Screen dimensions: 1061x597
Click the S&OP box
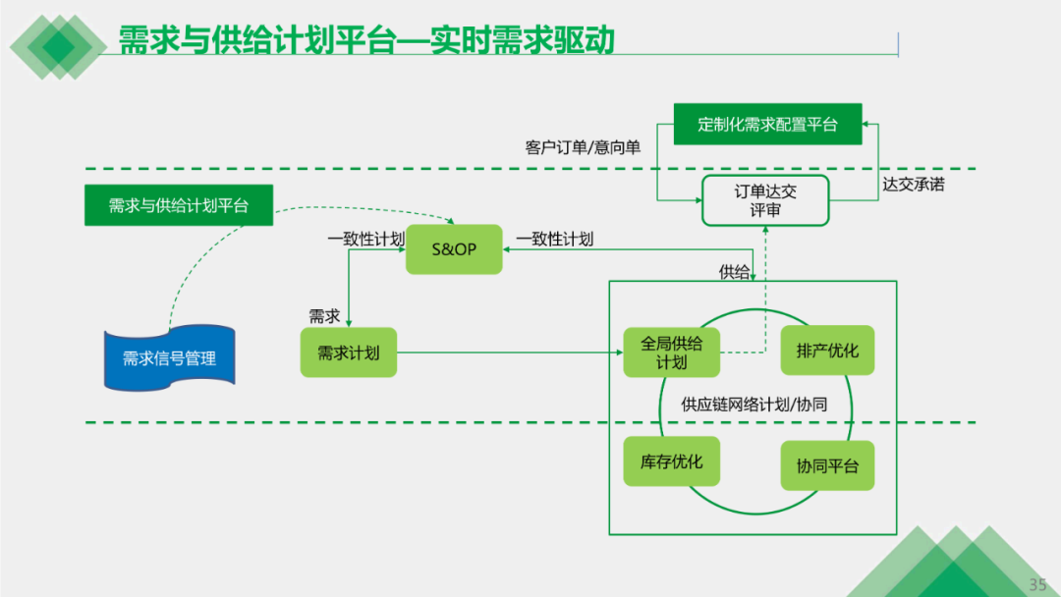[454, 249]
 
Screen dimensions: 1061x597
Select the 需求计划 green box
[349, 353]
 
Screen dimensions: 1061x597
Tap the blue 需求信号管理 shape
[169, 357]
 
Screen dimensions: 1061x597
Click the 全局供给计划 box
[671, 353]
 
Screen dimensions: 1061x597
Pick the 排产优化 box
[827, 351]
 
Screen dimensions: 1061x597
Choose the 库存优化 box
[671, 461]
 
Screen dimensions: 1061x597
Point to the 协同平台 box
[827, 465]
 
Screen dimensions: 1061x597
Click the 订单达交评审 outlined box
[765, 200]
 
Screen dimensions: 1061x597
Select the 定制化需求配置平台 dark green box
[768, 124]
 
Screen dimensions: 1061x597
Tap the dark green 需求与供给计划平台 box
[179, 205]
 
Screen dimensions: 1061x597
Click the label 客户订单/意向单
[583, 147]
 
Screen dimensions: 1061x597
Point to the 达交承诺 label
[914, 184]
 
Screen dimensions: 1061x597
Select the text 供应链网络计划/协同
[754, 405]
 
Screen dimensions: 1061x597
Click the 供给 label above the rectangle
[734, 272]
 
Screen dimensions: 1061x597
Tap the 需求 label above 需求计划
[324, 316]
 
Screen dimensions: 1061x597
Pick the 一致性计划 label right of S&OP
[555, 239]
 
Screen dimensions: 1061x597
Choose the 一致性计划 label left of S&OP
[366, 239]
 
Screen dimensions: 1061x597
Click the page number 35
[1038, 584]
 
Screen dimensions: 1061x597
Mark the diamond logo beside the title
[58, 47]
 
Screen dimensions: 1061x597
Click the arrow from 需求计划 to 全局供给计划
[510, 353]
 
